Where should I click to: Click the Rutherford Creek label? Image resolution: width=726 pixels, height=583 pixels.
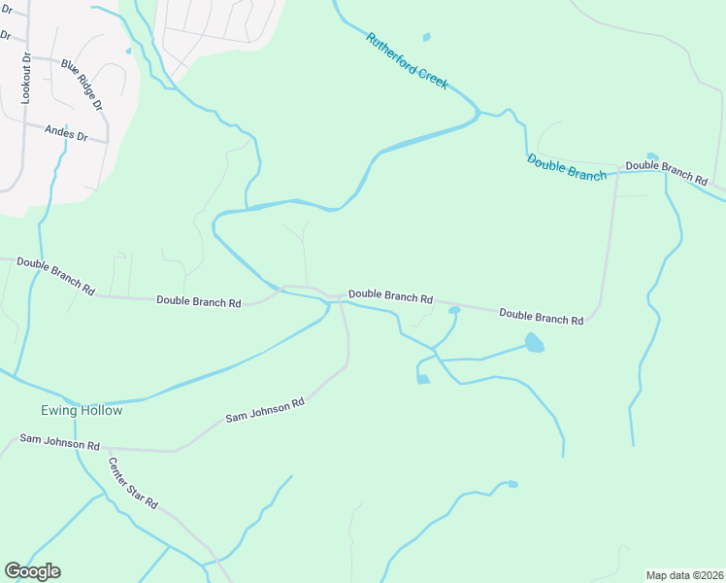407,61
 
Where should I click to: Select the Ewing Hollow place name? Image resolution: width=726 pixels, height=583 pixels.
82,411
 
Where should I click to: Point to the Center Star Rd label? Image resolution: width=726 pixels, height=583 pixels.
132,484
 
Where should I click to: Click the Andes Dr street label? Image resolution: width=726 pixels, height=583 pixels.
66,132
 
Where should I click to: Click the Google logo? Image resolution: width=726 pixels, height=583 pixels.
32,570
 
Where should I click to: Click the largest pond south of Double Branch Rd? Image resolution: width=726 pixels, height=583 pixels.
534,342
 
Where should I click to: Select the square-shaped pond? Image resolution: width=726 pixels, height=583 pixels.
422,379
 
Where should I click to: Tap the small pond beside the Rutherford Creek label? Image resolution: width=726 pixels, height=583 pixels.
426,38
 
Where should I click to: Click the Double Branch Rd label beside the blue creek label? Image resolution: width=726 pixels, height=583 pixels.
666,172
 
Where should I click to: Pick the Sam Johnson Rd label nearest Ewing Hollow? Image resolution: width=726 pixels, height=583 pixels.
59,443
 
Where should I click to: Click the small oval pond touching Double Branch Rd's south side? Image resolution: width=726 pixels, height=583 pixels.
453,311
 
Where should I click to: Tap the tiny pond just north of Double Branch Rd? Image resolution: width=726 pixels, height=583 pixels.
651,156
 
